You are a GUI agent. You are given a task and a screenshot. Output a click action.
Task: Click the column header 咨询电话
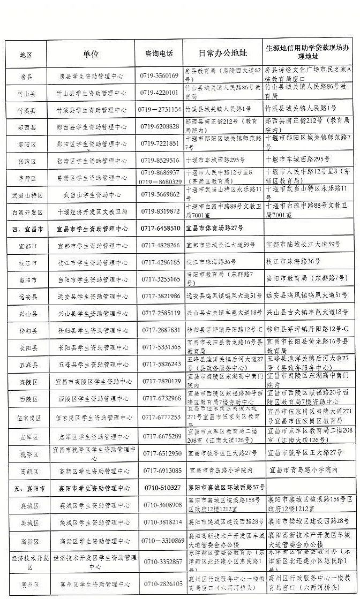(x=159, y=54)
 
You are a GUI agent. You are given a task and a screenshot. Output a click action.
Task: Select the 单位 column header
(x=91, y=54)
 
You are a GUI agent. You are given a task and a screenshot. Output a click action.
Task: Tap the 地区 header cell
(x=26, y=55)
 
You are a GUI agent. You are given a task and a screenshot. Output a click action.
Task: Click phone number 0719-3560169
(x=159, y=75)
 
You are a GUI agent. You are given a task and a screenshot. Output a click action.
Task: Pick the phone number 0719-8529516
(x=160, y=160)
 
